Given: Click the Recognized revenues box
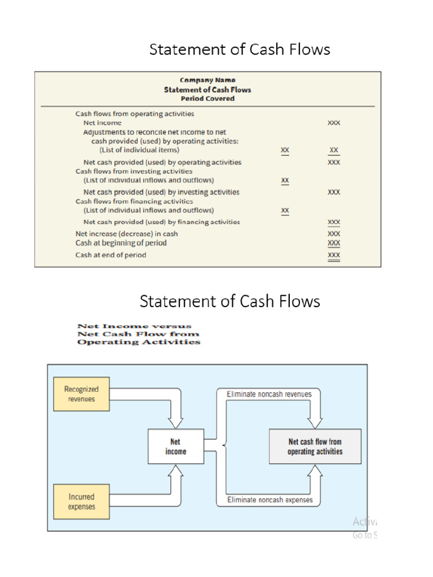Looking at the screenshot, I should pyautogui.click(x=81, y=394).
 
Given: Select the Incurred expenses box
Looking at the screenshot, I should pyautogui.click(x=81, y=501).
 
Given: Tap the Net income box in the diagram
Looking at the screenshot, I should pyautogui.click(x=176, y=446).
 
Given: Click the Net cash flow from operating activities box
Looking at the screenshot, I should pyautogui.click(x=315, y=446).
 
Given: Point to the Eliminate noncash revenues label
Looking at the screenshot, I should pyautogui.click(x=269, y=394).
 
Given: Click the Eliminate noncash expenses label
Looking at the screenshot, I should pyautogui.click(x=269, y=500).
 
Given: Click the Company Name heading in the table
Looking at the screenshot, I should pyautogui.click(x=207, y=80).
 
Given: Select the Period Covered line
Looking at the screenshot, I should pyautogui.click(x=207, y=99).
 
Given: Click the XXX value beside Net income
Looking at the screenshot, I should pyautogui.click(x=334, y=122).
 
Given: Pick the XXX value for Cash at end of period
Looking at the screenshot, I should pyautogui.click(x=334, y=255).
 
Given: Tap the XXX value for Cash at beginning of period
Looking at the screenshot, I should pyautogui.click(x=334, y=243).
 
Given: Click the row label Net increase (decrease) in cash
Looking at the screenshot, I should pyautogui.click(x=127, y=233).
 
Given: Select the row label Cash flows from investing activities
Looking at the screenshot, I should pyautogui.click(x=134, y=171).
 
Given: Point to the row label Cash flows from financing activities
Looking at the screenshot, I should pyautogui.click(x=134, y=201).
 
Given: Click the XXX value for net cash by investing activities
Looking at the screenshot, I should pyautogui.click(x=334, y=192).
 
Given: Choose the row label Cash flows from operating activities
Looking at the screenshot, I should pyautogui.click(x=135, y=114).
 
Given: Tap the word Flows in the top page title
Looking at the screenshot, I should pyautogui.click(x=308, y=50).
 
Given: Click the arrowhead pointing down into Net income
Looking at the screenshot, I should pyautogui.click(x=176, y=423).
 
